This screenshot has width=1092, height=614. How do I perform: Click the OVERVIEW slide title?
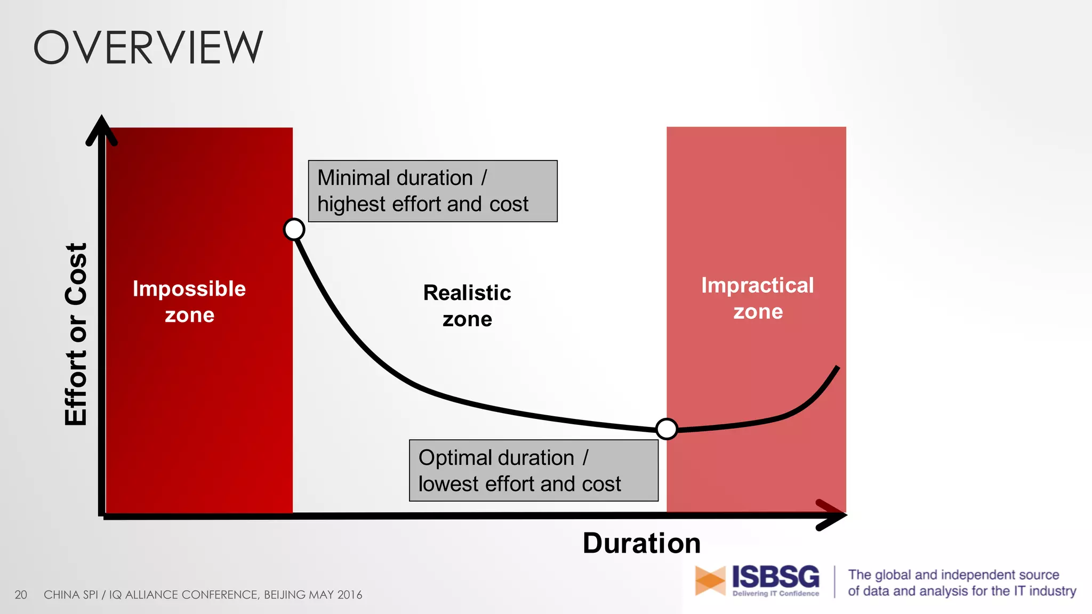148,47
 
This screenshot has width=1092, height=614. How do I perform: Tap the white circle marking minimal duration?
294,229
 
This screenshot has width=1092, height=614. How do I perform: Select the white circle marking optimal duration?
667,429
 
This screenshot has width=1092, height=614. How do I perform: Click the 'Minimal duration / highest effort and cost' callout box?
432,191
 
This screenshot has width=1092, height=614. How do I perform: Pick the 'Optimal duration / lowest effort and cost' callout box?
533,470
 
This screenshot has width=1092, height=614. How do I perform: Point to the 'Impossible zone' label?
189,301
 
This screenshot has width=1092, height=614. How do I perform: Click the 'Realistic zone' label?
467,305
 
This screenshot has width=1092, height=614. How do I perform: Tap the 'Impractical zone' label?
757,298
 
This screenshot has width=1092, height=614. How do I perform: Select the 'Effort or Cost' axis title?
76,334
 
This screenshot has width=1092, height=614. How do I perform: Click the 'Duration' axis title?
641,543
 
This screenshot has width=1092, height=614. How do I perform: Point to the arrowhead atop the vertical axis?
101,129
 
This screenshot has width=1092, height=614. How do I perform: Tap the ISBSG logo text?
775,577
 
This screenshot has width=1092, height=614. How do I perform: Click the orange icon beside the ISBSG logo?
710,580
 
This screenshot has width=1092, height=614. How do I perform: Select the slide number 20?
21,595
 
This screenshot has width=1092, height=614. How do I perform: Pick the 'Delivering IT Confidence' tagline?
775,593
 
